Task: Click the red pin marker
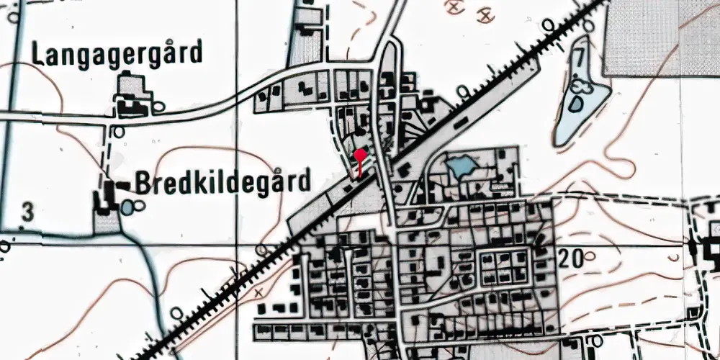(360, 155)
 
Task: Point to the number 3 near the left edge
(27, 212)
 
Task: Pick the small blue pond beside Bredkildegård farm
(128, 207)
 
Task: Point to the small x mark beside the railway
(258, 293)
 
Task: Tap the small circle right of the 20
(592, 256)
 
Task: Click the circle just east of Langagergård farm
(159, 107)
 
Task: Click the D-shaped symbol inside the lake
(577, 103)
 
